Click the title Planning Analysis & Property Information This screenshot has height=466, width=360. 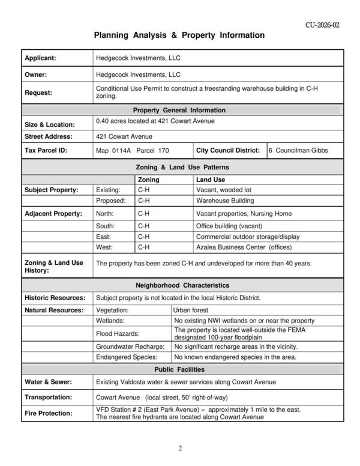pyautogui.click(x=179, y=35)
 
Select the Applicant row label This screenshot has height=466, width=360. pyautogui.click(x=40, y=58)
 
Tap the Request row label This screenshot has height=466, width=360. pyautogui.click(x=38, y=92)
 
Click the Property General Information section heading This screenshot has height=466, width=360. pyautogui.click(x=179, y=110)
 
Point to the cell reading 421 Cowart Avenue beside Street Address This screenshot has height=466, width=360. pyautogui.click(x=124, y=136)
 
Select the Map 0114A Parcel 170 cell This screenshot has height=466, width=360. pyautogui.click(x=133, y=150)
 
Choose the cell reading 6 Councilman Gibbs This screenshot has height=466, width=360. pyautogui.click(x=298, y=150)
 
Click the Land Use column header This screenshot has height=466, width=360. pyautogui.click(x=211, y=180)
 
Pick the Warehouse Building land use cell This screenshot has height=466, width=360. pyautogui.click(x=225, y=200)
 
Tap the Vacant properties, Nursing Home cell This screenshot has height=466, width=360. pyautogui.click(x=244, y=213)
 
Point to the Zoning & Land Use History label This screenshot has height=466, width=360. pyautogui.click(x=53, y=267)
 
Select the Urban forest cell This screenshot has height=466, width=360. pyautogui.click(x=191, y=310)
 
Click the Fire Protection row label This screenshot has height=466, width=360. pyautogui.click(x=48, y=413)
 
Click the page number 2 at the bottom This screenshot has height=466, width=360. pyautogui.click(x=180, y=448)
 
